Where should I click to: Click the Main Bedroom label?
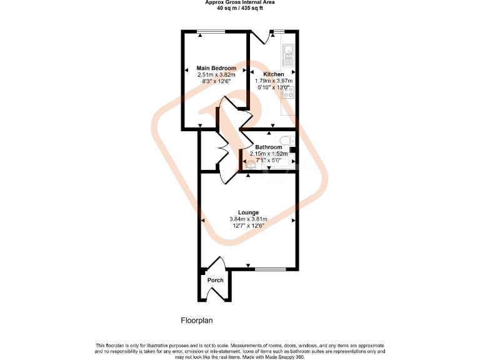[x=216, y=68]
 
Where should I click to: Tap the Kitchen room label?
[x=273, y=74]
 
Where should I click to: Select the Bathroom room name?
[x=268, y=147]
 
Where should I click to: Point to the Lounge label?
[x=248, y=212]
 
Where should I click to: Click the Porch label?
[x=215, y=280]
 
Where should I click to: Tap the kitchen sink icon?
[x=289, y=55]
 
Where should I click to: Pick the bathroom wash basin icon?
[x=250, y=165]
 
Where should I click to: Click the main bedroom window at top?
[x=211, y=31]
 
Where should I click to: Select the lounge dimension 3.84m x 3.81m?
[x=248, y=219]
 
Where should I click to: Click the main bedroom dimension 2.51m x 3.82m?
[x=216, y=75]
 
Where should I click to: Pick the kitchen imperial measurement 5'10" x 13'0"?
[x=273, y=87]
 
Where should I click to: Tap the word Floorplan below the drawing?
[x=197, y=321]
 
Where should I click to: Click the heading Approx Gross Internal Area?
[x=240, y=2]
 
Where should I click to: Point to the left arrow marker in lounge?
[x=203, y=221]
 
